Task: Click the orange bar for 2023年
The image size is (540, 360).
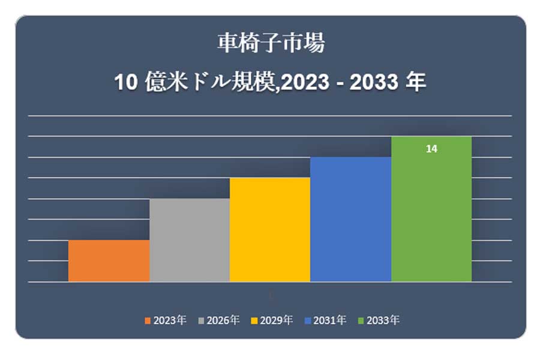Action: point(109,261)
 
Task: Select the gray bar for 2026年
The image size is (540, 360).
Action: point(190,240)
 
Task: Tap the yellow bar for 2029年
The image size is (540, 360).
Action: point(270,230)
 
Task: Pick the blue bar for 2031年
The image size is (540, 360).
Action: point(350,219)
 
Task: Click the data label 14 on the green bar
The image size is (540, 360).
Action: point(431,149)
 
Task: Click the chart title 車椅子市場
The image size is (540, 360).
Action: point(271,44)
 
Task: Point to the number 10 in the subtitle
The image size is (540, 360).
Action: point(126,83)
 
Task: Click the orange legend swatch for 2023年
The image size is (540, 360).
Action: point(148,320)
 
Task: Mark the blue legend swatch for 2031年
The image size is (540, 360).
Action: point(308,320)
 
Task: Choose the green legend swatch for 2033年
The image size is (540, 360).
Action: point(361,320)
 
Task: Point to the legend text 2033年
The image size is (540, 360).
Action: point(383,320)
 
